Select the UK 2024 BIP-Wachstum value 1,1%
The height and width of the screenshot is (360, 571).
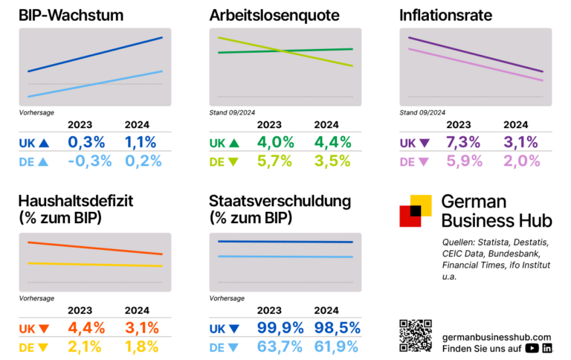click(x=141, y=142)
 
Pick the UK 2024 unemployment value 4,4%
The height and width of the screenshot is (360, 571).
click(x=331, y=142)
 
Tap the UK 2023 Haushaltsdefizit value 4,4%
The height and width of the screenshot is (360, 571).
click(x=88, y=328)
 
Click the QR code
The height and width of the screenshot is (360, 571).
click(x=416, y=335)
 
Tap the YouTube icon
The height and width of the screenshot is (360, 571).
click(x=532, y=347)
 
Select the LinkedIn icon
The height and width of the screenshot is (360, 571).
click(x=548, y=347)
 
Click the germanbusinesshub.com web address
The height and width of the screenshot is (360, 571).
click(x=497, y=337)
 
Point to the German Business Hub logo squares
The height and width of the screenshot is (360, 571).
click(x=416, y=210)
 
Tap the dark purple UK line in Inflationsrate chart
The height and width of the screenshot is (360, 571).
click(x=476, y=54)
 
